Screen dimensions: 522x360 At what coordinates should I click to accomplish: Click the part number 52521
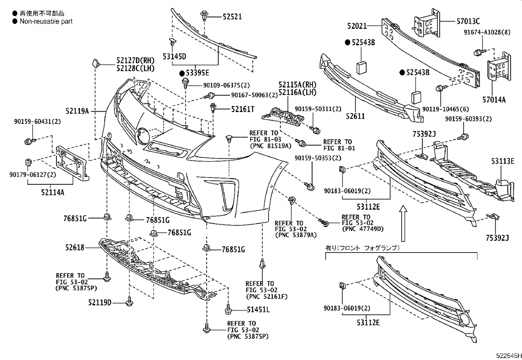pyautogui.click(x=232, y=17)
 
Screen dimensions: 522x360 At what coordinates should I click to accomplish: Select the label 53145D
pyautogui.click(x=174, y=56)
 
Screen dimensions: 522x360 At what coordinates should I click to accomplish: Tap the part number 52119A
pyautogui.click(x=77, y=111)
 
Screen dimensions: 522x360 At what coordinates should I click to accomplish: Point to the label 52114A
pyautogui.click(x=53, y=192)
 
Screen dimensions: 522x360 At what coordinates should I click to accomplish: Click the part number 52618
pyautogui.click(x=74, y=248)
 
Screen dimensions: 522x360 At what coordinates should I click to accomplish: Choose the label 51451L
pyautogui.click(x=258, y=310)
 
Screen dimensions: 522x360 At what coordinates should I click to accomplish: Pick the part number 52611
pyautogui.click(x=355, y=116)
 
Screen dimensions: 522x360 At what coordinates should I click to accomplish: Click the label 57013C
pyautogui.click(x=468, y=22)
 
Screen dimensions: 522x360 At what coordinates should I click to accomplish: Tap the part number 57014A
pyautogui.click(x=494, y=100)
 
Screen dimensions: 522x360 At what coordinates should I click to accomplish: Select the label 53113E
pyautogui.click(x=503, y=161)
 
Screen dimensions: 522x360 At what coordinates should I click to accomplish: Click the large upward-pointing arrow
pyautogui.click(x=403, y=223)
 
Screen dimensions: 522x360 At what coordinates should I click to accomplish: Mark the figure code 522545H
pyautogui.click(x=509, y=355)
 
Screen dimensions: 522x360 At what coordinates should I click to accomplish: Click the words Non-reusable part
pyautogui.click(x=46, y=22)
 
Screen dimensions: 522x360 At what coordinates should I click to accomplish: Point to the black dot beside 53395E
pyautogui.click(x=182, y=73)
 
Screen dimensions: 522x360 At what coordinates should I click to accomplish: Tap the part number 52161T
pyautogui.click(x=243, y=109)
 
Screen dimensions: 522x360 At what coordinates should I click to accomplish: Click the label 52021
pyautogui.click(x=357, y=26)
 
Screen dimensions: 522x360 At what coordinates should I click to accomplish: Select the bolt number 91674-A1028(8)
pyautogui.click(x=487, y=32)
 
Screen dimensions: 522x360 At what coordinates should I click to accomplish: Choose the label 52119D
pyautogui.click(x=100, y=303)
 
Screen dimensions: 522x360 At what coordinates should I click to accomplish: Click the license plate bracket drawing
pyautogui.click(x=72, y=163)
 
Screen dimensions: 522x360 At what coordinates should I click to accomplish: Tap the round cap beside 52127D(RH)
pyautogui.click(x=96, y=64)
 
